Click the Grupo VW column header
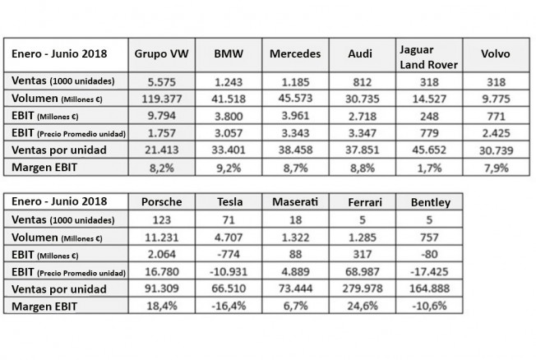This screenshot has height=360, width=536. (x=161, y=53)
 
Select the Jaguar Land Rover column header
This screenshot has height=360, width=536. (x=428, y=57)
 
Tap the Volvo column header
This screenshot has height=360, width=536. (x=496, y=53)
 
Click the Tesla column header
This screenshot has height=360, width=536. (x=229, y=201)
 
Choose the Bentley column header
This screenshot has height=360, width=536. (x=431, y=202)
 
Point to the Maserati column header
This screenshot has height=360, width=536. (x=295, y=201)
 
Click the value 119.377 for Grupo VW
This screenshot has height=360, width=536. (x=162, y=99)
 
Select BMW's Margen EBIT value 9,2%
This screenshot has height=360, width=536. (x=229, y=168)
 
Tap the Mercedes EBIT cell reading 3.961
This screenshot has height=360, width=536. (x=295, y=116)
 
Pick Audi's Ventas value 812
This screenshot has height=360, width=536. (x=362, y=82)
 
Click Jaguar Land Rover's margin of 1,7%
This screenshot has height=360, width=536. (x=429, y=168)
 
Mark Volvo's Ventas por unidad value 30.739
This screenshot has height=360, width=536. (x=496, y=150)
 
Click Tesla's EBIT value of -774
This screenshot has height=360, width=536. (x=229, y=254)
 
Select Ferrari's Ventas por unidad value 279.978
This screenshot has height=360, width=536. (x=363, y=288)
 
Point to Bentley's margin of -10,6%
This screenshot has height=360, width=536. (x=429, y=306)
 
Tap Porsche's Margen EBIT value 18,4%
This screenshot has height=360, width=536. (x=162, y=306)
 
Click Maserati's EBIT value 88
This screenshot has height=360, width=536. (x=295, y=254)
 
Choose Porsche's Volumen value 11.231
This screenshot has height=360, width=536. (x=162, y=238)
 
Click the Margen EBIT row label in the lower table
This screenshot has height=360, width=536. (x=44, y=307)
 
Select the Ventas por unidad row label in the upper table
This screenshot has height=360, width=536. (x=59, y=150)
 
